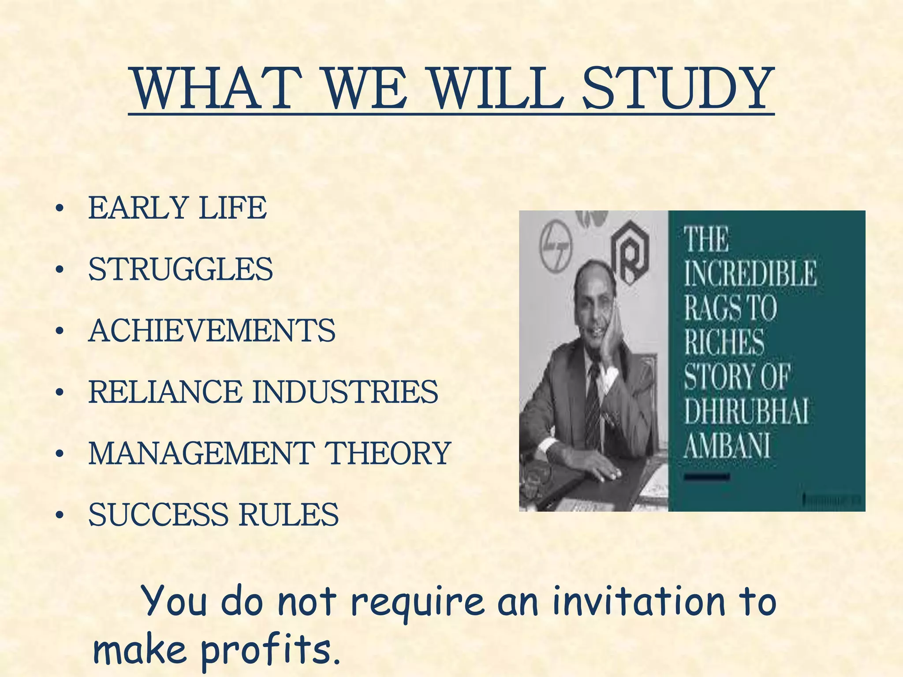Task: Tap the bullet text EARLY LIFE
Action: pyautogui.click(x=177, y=208)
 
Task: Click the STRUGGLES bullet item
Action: pyautogui.click(x=180, y=269)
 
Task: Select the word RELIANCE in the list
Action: pyautogui.click(x=165, y=392)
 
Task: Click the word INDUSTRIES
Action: pyautogui.click(x=345, y=392)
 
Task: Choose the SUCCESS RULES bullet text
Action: pyautogui.click(x=213, y=514)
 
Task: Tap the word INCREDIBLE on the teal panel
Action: pyautogui.click(x=750, y=273)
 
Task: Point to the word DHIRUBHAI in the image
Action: pyautogui.click(x=746, y=412)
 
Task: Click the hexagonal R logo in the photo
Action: pyautogui.click(x=630, y=252)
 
